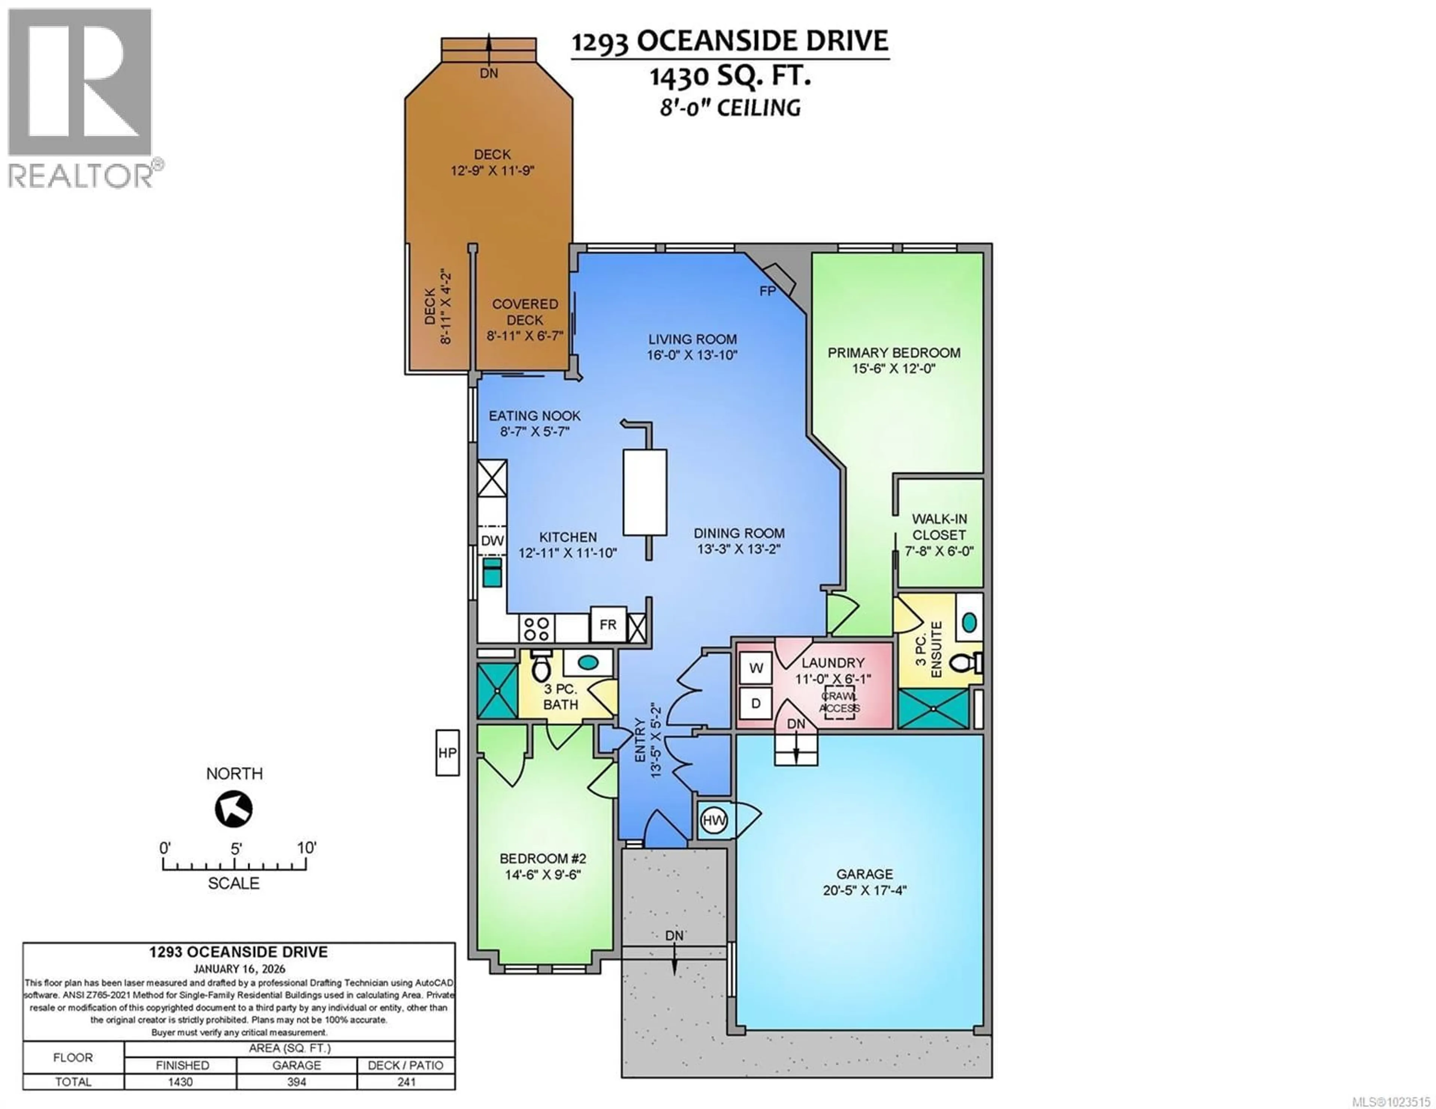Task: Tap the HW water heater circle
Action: pos(714,820)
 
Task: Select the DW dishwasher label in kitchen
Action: pos(492,541)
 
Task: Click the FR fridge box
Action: pos(608,625)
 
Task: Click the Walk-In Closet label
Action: pos(939,527)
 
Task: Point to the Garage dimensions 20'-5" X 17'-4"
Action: pos(865,891)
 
